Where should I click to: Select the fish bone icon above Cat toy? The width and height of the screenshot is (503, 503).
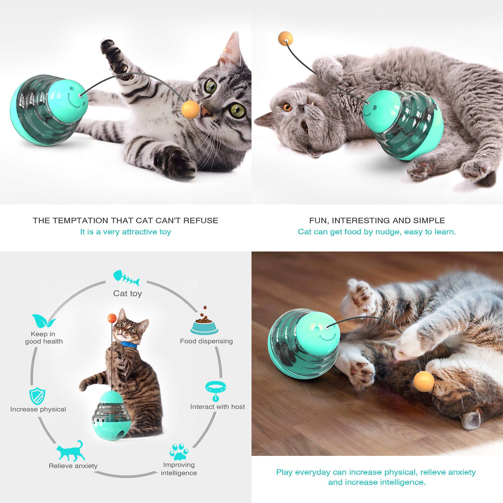coord(126,277)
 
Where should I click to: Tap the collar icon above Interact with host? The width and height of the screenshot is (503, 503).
coord(216,392)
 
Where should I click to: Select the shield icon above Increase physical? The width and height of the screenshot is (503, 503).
coord(37,396)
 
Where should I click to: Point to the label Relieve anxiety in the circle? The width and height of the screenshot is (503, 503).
coord(73,466)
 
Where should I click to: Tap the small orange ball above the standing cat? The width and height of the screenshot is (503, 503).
coord(112,318)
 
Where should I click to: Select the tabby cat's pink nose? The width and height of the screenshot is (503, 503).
coord(206,111)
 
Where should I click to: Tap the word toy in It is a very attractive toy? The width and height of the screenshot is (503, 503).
coord(165,232)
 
